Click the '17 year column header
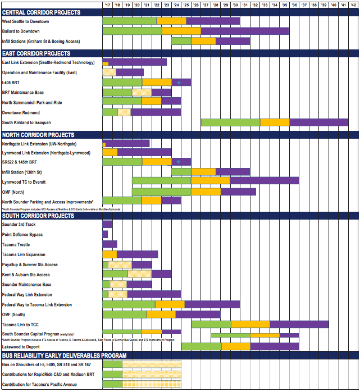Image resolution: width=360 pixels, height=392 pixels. (107, 4)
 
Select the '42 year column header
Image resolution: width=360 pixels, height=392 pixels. (353, 4)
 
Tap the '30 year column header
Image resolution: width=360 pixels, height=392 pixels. (235, 4)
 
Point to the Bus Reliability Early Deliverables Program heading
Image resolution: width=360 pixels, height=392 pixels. (64, 355)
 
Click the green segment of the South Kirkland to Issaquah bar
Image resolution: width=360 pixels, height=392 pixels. (230, 122)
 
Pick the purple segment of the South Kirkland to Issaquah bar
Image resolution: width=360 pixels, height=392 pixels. (318, 122)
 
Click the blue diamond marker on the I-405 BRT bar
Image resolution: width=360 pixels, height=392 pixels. (179, 83)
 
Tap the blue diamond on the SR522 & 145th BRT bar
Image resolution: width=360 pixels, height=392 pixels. (179, 162)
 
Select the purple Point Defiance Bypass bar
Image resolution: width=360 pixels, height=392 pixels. (105, 235)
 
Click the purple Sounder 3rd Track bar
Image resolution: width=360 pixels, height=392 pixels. (107, 225)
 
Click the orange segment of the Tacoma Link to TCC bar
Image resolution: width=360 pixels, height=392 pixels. (250, 325)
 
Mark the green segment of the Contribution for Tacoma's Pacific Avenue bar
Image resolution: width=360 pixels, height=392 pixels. (112, 385)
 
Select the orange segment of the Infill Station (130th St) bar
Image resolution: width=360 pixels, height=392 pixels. (203, 172)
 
